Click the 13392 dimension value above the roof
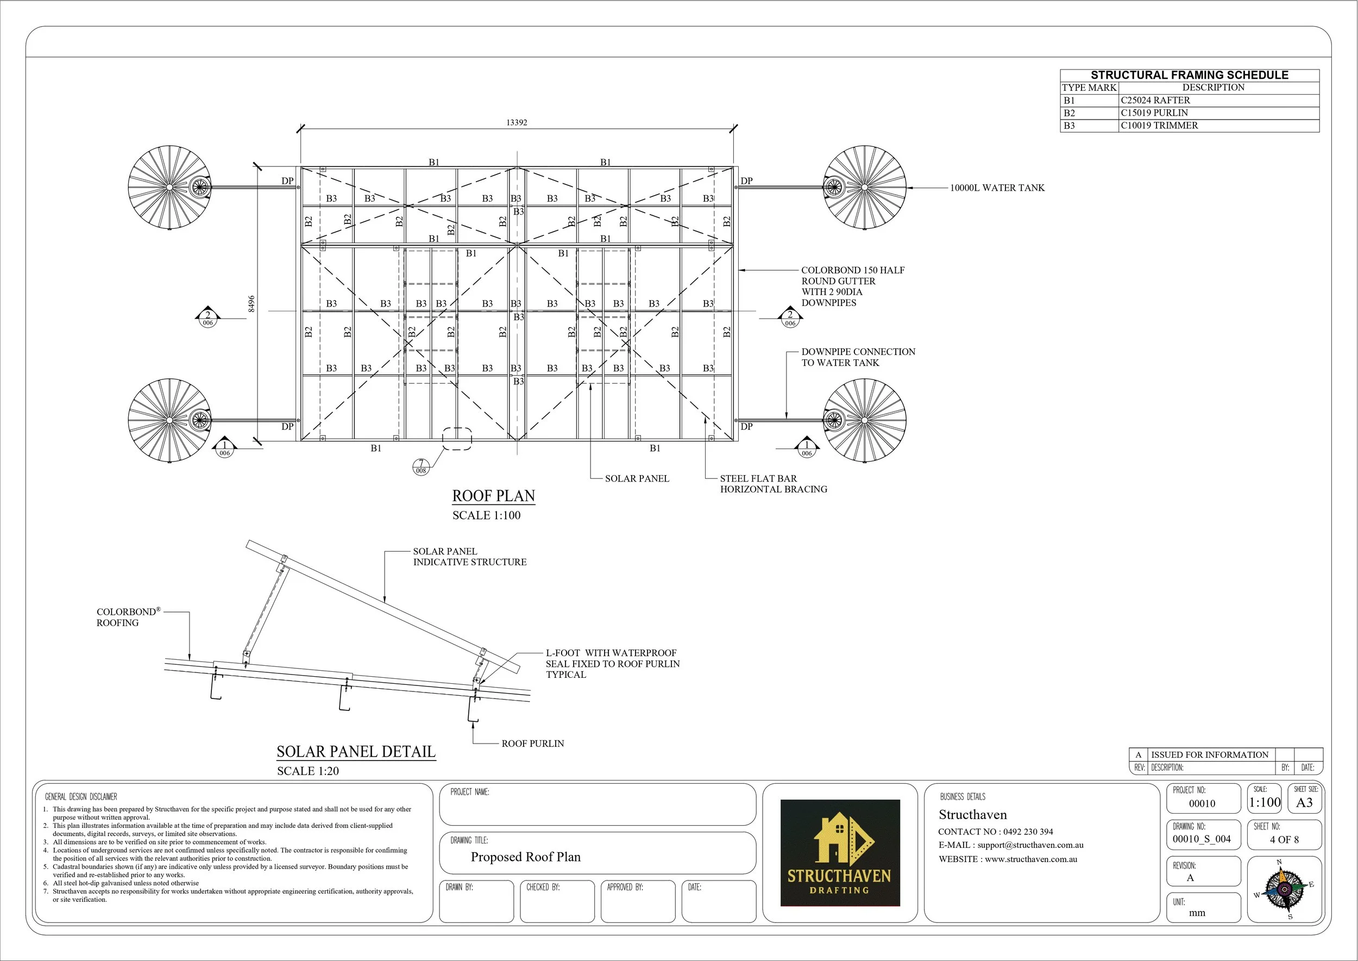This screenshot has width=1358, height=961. [517, 122]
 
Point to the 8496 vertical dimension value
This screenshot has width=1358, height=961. [252, 303]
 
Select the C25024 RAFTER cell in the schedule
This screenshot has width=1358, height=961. [1155, 101]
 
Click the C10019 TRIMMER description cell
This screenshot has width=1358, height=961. [1159, 126]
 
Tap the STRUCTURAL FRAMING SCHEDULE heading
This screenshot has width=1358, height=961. [1190, 75]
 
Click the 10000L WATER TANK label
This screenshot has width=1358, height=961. [997, 188]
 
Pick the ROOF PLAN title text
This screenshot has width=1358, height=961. [493, 496]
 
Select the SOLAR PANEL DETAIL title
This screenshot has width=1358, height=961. [356, 752]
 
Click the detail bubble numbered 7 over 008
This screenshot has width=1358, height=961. [421, 466]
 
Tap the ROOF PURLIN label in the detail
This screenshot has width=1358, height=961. [532, 743]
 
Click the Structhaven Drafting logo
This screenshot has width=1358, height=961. [840, 853]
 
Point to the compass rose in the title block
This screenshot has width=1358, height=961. [1285, 888]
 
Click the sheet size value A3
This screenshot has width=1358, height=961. [1304, 803]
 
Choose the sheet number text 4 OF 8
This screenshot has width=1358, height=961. [1284, 839]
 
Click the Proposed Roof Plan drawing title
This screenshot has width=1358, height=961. [525, 857]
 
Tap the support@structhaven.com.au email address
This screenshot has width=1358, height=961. [1030, 845]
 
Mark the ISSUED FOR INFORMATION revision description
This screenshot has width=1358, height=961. [1210, 754]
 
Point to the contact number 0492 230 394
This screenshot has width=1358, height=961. [1028, 832]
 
